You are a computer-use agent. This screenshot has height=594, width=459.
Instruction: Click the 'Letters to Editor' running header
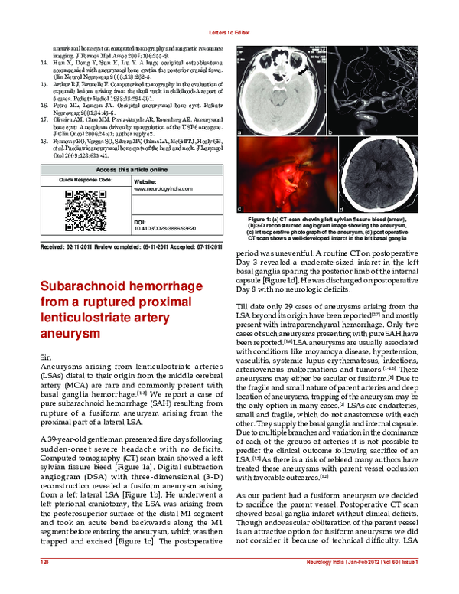coord(229,32)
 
